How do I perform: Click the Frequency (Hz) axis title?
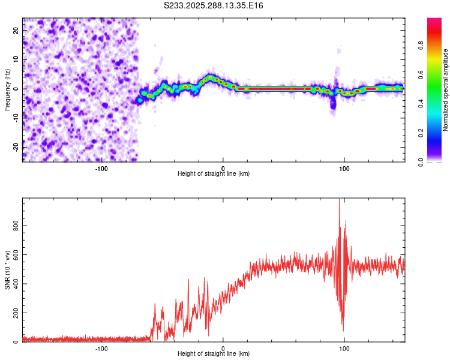point(8,89)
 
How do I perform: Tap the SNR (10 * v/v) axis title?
point(8,271)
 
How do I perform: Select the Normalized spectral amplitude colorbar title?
point(446,90)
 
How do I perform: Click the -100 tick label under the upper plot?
point(101,168)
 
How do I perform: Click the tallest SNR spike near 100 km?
point(340,202)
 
